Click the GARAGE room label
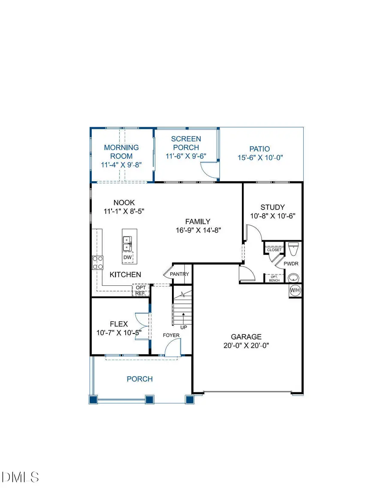(246, 337)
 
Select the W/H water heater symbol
(295, 290)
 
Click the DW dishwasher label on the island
(127, 258)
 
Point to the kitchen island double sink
(127, 243)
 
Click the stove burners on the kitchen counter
(98, 262)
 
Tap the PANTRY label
(179, 274)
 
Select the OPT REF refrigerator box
(141, 291)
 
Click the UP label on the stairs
(184, 327)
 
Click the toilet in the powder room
(294, 249)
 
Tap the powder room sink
(294, 277)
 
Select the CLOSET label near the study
(274, 250)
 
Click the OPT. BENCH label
(274, 278)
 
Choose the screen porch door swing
(211, 170)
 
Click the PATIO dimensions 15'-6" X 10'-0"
(260, 158)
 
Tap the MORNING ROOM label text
(121, 152)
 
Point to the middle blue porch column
(149, 399)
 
